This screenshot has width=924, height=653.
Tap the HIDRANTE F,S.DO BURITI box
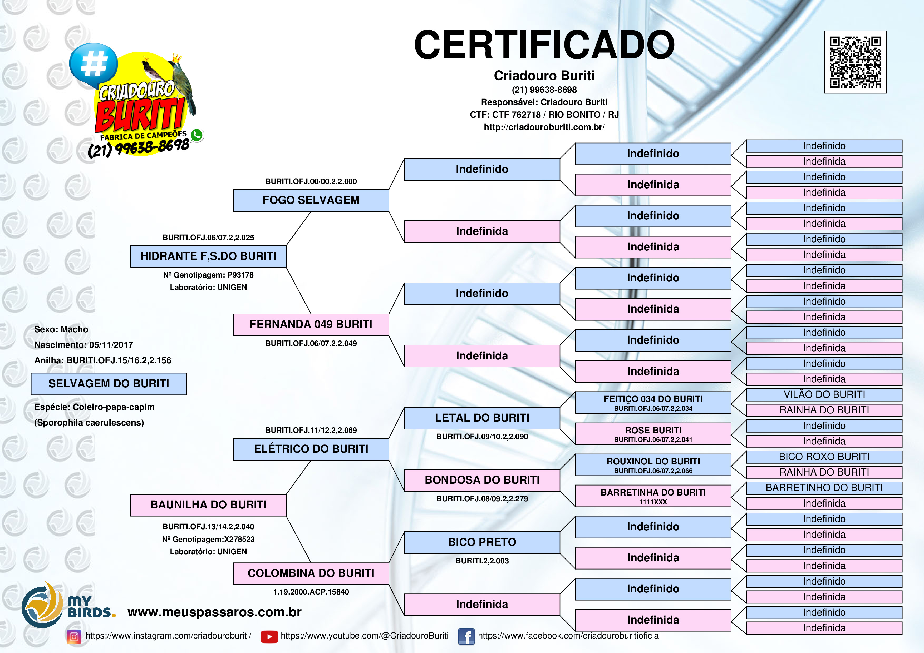[x=208, y=256]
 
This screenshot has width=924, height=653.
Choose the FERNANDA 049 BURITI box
[x=311, y=325]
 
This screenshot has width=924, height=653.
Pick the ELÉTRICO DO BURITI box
[x=311, y=449]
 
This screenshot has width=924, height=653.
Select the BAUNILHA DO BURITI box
[x=208, y=505]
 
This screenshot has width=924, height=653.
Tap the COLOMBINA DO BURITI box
[x=311, y=573]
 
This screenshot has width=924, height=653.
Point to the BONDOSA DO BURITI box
[x=482, y=480]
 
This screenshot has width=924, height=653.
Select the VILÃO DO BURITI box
[x=824, y=395]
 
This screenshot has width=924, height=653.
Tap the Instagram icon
[x=74, y=636]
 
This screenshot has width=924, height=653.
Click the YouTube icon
[x=269, y=636]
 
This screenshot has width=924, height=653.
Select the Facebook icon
[x=466, y=636]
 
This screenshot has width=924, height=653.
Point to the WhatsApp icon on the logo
[x=197, y=135]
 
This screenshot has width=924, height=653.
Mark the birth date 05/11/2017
[x=111, y=345]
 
